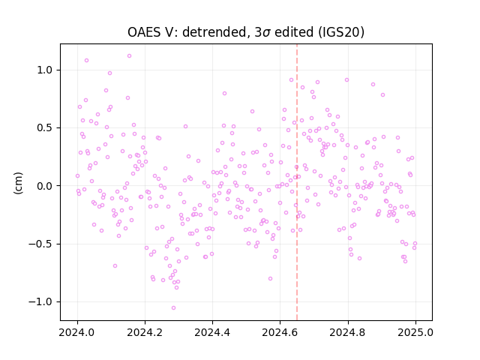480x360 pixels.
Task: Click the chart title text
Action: [246, 32]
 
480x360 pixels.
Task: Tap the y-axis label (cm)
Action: [18, 183]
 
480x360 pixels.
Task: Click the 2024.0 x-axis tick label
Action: [77, 332]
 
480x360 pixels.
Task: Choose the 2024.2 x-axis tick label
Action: [145, 332]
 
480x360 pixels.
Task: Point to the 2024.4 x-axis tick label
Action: [212, 332]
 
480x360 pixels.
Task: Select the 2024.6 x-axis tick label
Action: [280, 332]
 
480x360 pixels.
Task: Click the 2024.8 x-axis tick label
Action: [348, 332]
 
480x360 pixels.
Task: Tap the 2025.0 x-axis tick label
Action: [415, 332]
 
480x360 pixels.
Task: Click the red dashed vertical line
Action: [297, 182]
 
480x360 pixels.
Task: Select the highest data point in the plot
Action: [129, 56]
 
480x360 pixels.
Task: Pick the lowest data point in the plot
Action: [173, 308]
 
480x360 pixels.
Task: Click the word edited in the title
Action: [294, 32]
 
